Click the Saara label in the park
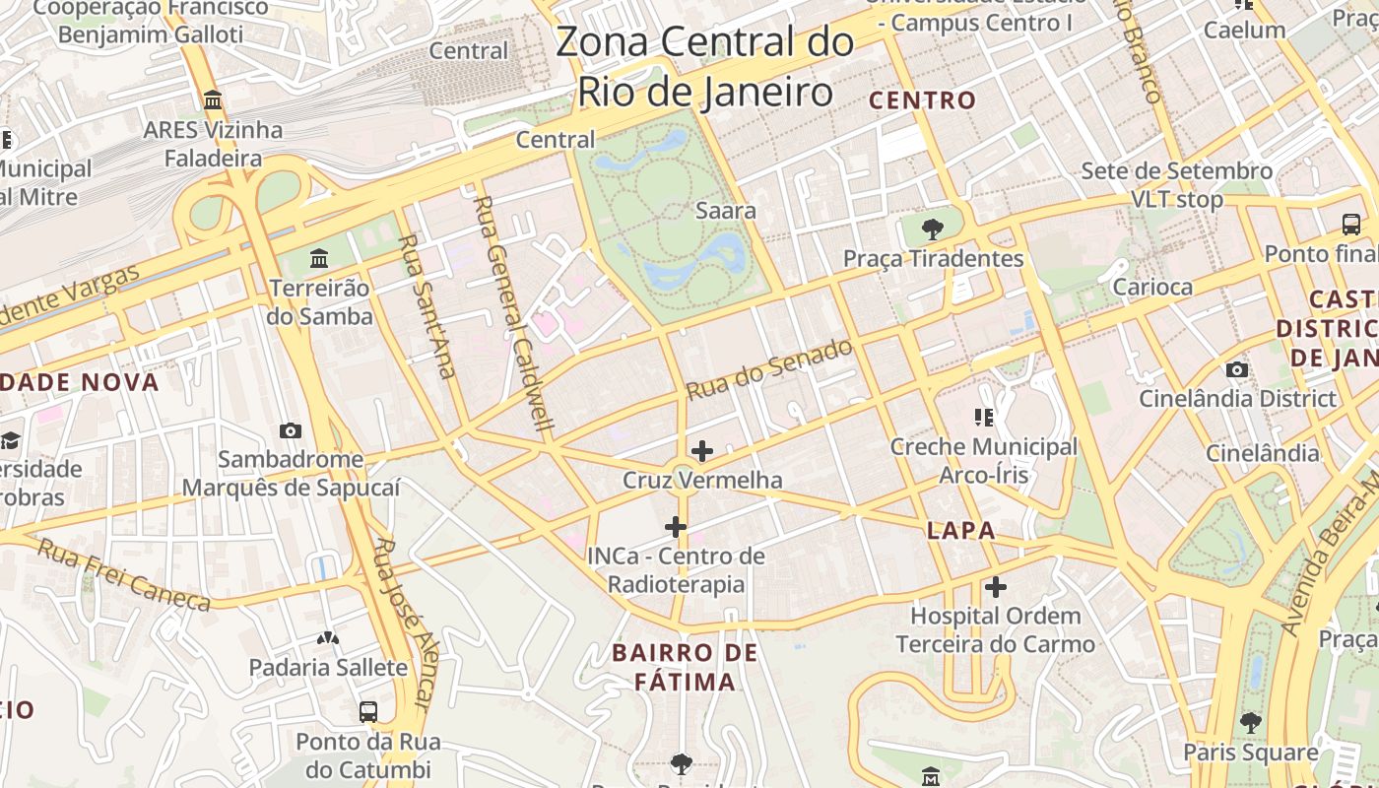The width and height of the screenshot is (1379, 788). [x=726, y=211]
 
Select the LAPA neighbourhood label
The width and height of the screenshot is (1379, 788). [x=960, y=531]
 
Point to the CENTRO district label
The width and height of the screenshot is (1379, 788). [x=922, y=100]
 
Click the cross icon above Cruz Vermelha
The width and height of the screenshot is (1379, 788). [x=702, y=451]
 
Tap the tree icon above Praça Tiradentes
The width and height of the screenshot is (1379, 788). [x=932, y=230]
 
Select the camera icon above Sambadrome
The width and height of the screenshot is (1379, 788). [x=291, y=430]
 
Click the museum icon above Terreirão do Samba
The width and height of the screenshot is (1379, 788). [x=319, y=259]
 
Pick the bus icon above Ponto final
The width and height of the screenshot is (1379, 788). [x=1351, y=225]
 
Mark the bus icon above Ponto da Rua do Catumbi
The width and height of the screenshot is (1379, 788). [x=368, y=711]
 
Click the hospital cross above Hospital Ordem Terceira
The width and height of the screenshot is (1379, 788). [x=996, y=588]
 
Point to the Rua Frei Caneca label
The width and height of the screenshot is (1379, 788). [x=123, y=574]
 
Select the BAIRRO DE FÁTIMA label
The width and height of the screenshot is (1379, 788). [x=685, y=667]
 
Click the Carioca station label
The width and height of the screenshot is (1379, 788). [x=1151, y=288]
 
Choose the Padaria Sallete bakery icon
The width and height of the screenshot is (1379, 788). [x=328, y=638]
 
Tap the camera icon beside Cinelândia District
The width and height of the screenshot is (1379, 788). [x=1237, y=370]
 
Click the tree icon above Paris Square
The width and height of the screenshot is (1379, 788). [x=1251, y=723]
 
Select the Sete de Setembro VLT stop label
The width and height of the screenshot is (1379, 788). [x=1176, y=185]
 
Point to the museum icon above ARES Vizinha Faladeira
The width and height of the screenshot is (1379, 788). [x=213, y=100]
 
